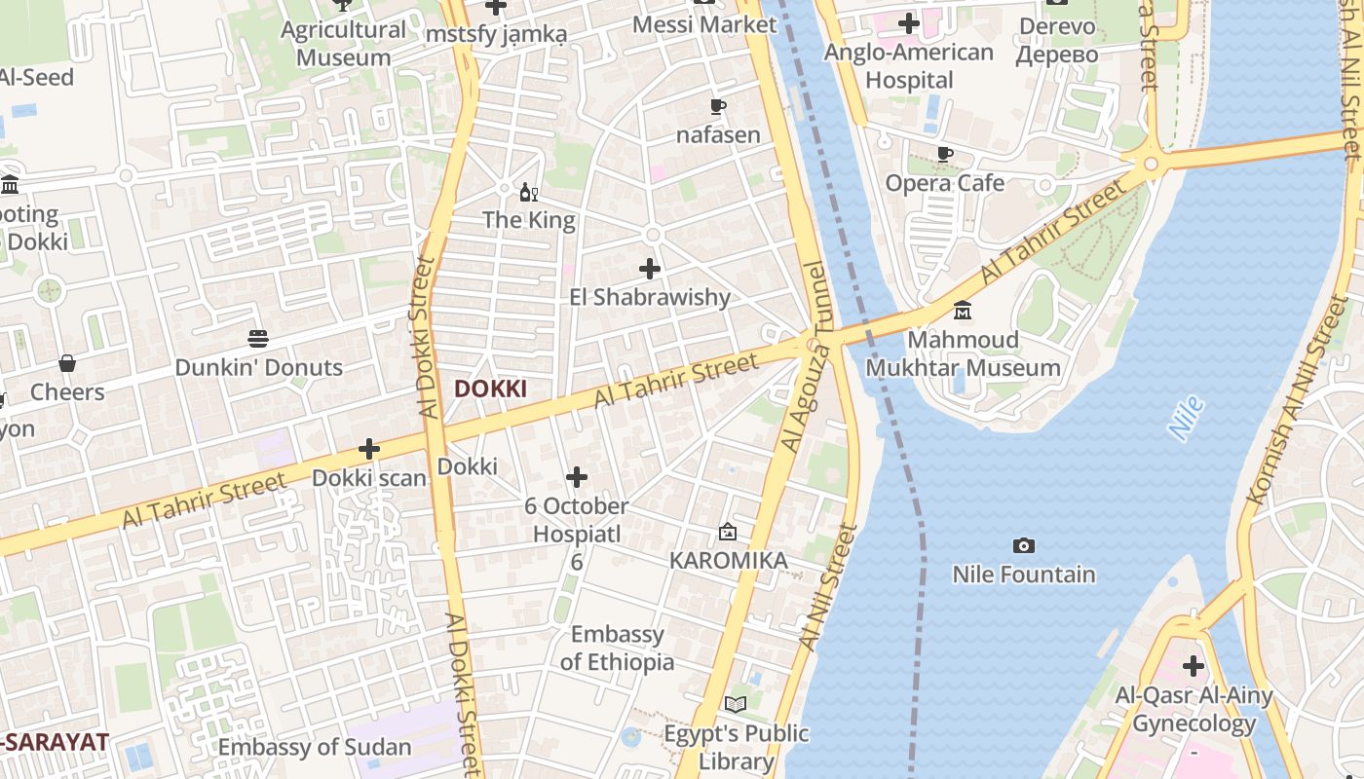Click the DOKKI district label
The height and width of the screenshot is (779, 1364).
click(490, 389)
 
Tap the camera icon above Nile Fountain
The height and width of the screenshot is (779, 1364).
click(1023, 545)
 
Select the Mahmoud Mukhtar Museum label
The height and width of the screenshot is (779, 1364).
click(963, 353)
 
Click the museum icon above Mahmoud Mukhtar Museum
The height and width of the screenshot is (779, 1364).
click(963, 311)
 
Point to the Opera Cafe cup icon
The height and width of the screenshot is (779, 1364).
click(944, 154)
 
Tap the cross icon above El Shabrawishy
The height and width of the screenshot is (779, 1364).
click(650, 269)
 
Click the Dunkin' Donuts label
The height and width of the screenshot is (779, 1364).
click(259, 367)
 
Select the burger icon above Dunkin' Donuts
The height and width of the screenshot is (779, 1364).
click(258, 339)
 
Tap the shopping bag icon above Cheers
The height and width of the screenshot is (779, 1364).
click(67, 363)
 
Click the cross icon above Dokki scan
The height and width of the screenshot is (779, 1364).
click(369, 449)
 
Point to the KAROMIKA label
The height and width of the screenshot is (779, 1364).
click(728, 561)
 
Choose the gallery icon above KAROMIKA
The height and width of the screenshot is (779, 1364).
click(728, 532)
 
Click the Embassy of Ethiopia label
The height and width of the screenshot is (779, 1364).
click(617, 648)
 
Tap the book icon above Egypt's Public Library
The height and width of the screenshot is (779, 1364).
click(736, 704)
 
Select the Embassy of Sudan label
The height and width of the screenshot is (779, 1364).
click(315, 748)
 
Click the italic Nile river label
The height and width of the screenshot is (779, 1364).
click(1185, 419)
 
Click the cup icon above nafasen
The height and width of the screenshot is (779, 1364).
click(718, 106)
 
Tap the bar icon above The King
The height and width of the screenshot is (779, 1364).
click(529, 192)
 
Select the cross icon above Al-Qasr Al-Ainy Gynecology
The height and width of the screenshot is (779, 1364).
click(1193, 667)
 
